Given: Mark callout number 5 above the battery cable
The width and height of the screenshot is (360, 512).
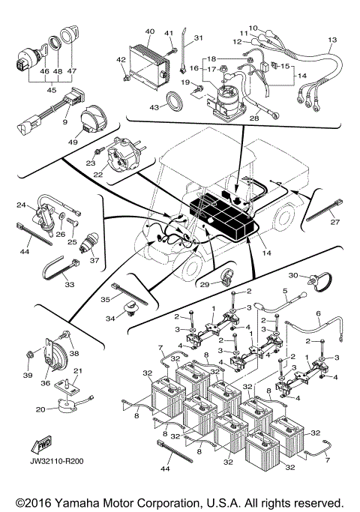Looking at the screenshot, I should point(284,291).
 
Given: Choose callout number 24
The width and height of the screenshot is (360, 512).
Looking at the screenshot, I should point(21,204).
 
